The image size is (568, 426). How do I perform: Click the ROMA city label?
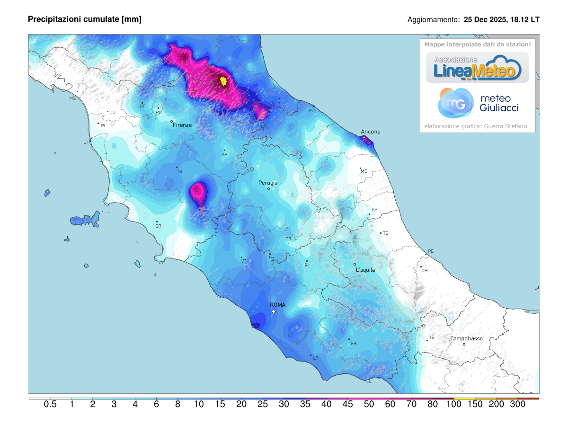277,305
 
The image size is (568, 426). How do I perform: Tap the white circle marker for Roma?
274,311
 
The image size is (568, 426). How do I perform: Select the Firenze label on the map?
182,125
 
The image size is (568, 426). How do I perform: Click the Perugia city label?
268,183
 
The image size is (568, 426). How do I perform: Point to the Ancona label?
371,132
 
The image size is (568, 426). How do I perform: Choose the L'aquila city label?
365,270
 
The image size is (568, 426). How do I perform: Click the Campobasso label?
466,338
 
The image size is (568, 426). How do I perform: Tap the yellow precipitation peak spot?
224,81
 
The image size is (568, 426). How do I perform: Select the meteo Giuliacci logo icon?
455,103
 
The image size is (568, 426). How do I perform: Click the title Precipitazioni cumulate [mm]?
85,19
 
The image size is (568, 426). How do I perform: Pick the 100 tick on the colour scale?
454,404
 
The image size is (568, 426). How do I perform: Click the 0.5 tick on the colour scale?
50,404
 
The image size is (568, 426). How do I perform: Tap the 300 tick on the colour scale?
518,404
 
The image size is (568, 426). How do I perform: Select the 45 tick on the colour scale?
347,404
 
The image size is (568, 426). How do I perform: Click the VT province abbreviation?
244,261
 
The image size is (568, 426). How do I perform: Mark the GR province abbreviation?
158,226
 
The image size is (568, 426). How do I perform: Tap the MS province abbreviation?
72,98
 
